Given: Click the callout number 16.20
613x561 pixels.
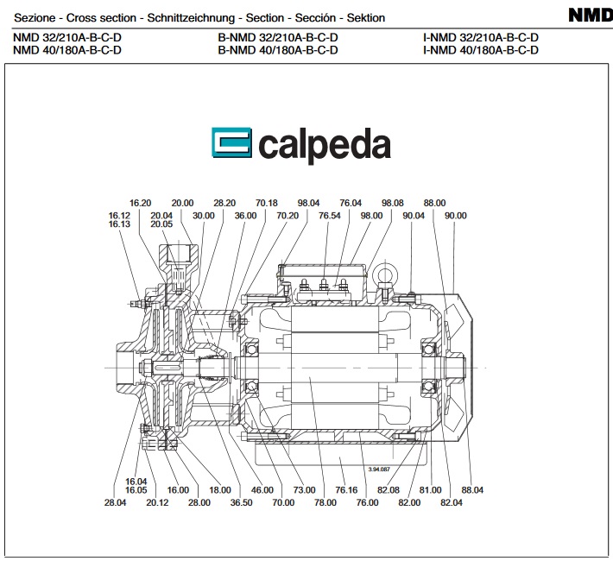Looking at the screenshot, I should point(140,203).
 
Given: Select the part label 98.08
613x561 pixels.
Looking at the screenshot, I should point(393,203).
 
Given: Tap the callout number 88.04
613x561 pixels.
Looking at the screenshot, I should point(472,490).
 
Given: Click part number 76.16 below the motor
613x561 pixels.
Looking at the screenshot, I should point(346,490).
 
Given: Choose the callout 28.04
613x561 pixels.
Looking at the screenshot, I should point(115,502).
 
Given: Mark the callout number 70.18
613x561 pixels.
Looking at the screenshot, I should point(267,203).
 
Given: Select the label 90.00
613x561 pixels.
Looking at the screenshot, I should point(455,216).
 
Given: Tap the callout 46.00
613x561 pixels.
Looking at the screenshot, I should point(262,490).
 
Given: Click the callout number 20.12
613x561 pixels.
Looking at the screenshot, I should point(157,502).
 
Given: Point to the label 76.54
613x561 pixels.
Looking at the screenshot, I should point(329,216).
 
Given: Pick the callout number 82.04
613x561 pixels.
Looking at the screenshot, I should point(452,502).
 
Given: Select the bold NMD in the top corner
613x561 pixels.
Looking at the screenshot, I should point(591,16).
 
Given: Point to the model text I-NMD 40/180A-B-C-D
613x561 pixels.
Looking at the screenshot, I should point(481,50).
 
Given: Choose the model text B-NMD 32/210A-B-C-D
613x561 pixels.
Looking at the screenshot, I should point(278,38).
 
